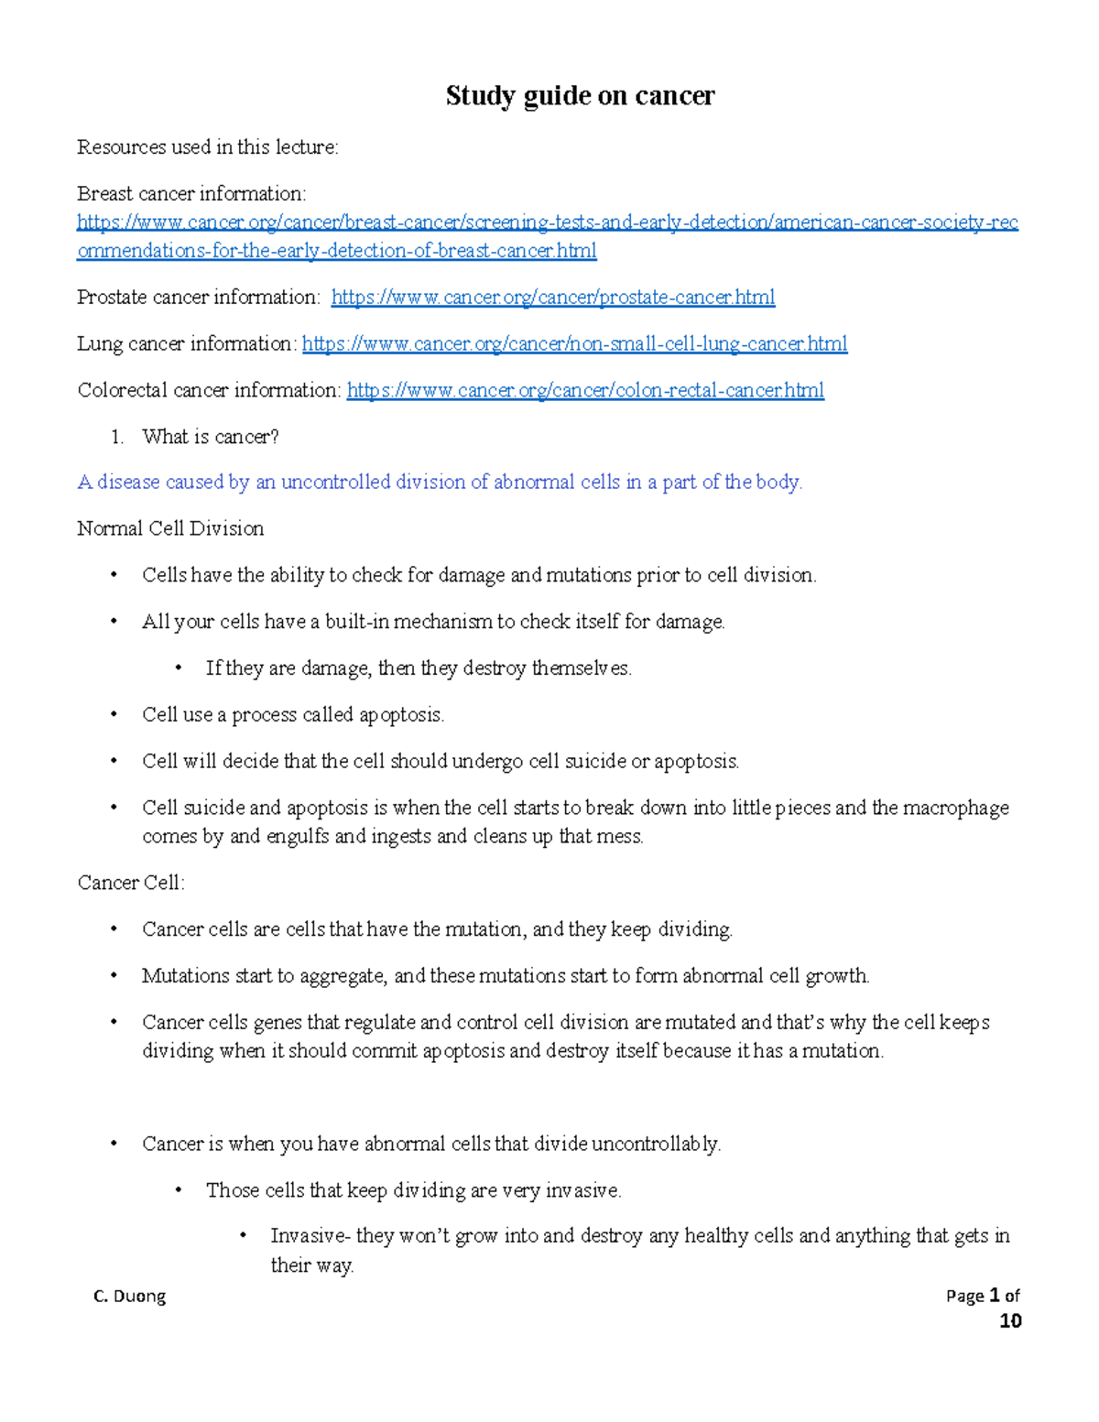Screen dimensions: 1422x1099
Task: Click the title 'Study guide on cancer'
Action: point(580,96)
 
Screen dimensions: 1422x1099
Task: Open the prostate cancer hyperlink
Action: point(552,298)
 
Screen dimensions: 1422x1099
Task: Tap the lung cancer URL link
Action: point(574,344)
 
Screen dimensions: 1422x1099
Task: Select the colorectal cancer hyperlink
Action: point(585,391)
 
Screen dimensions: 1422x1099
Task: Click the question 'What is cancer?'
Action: point(210,438)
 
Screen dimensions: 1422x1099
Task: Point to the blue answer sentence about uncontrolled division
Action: point(440,483)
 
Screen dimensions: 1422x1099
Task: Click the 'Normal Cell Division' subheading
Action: point(170,529)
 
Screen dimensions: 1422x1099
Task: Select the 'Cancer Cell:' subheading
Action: point(131,884)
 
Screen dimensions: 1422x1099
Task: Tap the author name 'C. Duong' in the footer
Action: point(130,1296)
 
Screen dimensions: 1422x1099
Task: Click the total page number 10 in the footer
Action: point(1010,1320)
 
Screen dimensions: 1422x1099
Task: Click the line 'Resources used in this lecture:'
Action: point(208,147)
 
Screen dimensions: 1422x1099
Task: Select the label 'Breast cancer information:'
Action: point(191,194)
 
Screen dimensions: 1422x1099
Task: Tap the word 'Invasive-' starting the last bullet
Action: point(310,1236)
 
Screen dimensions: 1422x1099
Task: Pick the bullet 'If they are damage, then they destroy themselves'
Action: point(419,668)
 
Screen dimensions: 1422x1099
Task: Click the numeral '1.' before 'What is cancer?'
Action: point(116,438)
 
